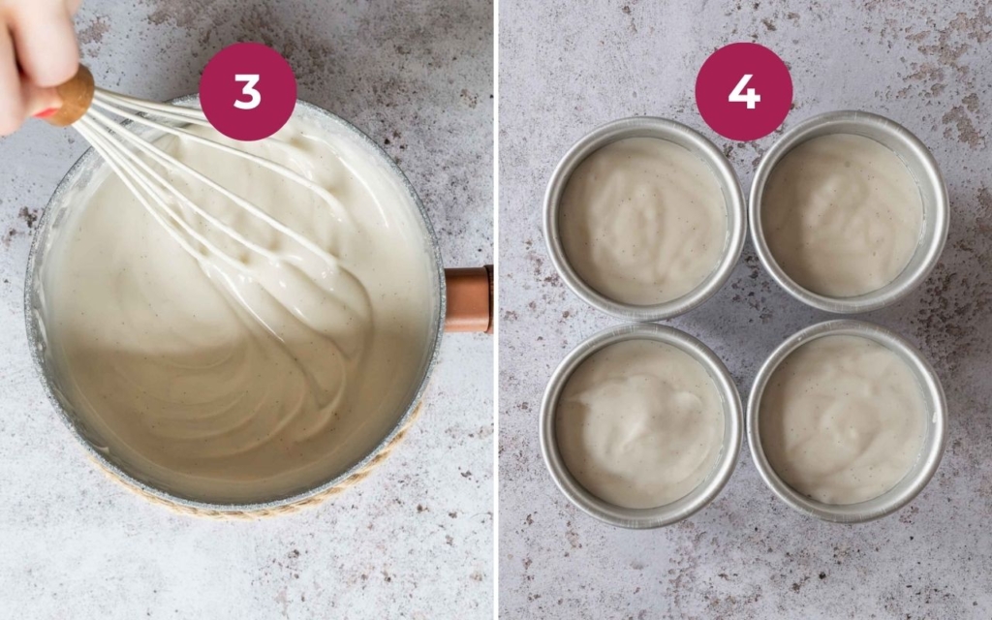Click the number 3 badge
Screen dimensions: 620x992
pos(247,92)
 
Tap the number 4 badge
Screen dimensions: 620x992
pos(743,92)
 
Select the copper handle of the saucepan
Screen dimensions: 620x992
pos(469,298)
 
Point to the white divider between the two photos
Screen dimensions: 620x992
pos(496,310)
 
